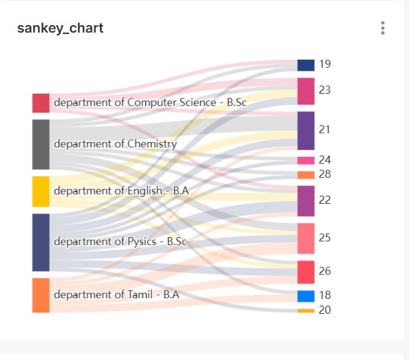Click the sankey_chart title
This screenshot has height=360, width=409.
60,28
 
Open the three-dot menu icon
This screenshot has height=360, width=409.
383,28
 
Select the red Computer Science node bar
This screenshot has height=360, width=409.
41,103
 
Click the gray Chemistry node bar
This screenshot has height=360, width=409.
41,144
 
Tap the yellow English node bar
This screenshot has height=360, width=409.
41,191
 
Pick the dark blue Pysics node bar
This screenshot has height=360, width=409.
41,242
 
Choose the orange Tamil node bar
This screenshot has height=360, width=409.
41,295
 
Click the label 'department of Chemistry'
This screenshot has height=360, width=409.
115,144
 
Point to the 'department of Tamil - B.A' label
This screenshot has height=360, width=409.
116,295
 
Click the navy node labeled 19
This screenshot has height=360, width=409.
306,65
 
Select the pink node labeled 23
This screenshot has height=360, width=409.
306,91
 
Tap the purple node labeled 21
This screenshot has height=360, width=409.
306,130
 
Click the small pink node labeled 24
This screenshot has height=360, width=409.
306,160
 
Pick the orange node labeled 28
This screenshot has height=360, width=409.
306,175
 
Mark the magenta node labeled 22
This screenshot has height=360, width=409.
306,200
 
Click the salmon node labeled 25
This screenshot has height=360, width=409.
306,238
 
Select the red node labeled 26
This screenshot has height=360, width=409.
306,272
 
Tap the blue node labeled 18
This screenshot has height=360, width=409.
306,296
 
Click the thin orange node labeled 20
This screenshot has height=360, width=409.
306,310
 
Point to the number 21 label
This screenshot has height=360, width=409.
324,130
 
